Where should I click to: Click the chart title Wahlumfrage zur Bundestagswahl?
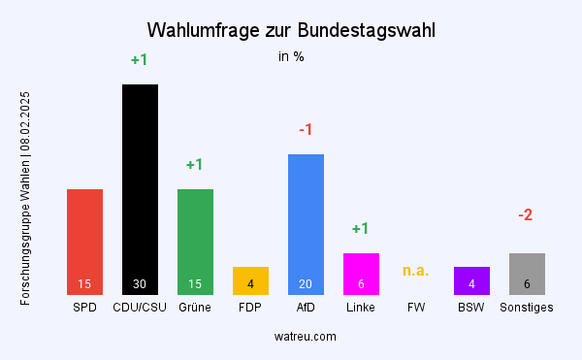(291, 30)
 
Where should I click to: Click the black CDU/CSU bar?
(140, 189)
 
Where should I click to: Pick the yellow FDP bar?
(250, 280)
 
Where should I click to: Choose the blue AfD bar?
(306, 223)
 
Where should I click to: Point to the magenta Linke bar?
(361, 273)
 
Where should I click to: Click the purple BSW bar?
(471, 280)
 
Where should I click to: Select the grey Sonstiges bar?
(527, 273)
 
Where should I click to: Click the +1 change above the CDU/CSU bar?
(140, 60)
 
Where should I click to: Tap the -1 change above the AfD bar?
(306, 130)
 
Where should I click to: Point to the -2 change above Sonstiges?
(526, 214)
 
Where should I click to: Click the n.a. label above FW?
(416, 270)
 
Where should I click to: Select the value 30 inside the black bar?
(140, 284)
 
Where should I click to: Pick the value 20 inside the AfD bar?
(306, 284)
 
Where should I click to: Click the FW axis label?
(416, 308)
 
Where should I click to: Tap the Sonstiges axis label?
(527, 308)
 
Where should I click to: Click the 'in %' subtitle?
(291, 56)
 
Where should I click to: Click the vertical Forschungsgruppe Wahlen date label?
(26, 198)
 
